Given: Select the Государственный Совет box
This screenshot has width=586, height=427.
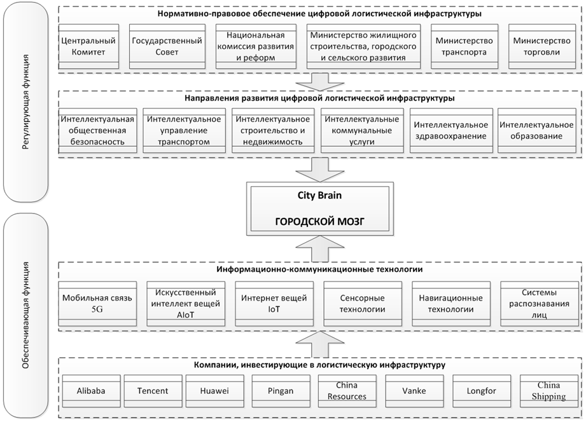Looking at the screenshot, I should click(x=167, y=46).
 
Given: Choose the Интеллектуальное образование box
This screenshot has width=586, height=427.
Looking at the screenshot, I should click(x=536, y=130).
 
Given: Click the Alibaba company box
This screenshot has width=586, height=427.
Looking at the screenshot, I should click(x=90, y=391).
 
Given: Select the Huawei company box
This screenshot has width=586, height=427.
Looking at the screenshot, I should click(x=215, y=391).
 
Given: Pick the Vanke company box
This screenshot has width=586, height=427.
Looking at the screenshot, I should click(x=414, y=391).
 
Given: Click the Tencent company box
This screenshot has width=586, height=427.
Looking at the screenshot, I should click(x=153, y=391).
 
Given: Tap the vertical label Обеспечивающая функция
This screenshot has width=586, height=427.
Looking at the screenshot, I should click(x=26, y=314).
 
